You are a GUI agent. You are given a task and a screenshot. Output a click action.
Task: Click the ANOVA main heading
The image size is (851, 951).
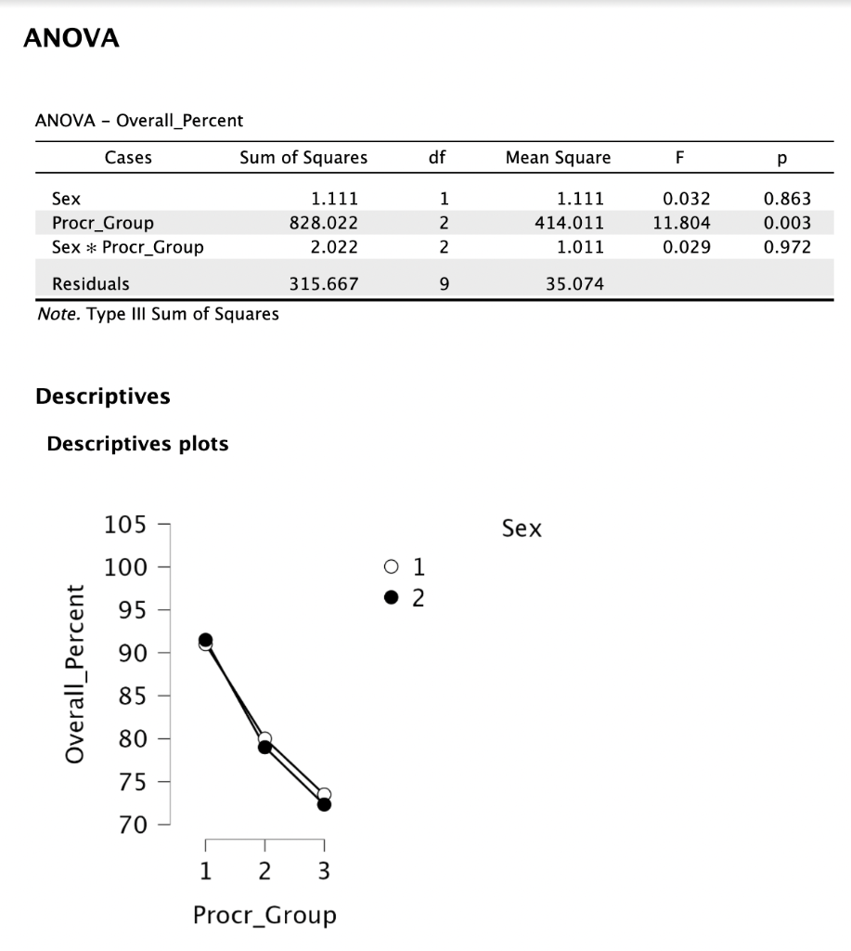(x=71, y=37)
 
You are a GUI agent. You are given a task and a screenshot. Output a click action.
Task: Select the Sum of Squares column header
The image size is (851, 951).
(x=303, y=158)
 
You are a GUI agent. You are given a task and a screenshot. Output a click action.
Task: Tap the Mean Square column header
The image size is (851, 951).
(x=559, y=158)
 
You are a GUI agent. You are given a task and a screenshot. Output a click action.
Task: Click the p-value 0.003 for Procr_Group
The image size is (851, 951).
(x=787, y=223)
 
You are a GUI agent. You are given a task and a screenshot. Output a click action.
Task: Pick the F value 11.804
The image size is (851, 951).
(x=681, y=223)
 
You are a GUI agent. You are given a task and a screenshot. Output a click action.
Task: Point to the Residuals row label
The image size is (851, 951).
(x=91, y=284)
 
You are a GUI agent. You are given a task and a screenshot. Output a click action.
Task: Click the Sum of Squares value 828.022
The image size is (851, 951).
(x=324, y=223)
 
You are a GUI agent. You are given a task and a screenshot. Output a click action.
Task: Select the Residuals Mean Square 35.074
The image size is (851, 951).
(x=574, y=284)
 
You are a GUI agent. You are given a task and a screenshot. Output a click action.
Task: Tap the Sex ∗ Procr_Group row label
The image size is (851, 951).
(x=128, y=247)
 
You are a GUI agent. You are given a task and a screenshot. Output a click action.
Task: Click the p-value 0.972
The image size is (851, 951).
(x=787, y=247)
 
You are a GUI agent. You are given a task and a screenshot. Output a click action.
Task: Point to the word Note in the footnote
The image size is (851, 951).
(x=58, y=314)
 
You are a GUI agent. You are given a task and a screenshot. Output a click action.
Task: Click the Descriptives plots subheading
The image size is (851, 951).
(x=137, y=443)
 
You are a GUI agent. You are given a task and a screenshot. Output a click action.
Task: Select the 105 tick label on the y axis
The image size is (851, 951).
(x=125, y=524)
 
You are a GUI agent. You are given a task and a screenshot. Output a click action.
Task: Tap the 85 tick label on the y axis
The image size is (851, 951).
(x=133, y=696)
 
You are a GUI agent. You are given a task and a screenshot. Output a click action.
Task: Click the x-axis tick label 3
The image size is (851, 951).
(x=324, y=871)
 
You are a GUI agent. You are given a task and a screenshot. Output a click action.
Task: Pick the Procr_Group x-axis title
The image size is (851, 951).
(x=264, y=915)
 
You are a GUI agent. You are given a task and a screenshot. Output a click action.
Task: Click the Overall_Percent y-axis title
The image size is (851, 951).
(x=74, y=674)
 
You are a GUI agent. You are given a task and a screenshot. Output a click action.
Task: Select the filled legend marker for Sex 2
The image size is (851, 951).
(x=392, y=597)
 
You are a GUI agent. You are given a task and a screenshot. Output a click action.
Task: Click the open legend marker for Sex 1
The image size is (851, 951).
(x=392, y=567)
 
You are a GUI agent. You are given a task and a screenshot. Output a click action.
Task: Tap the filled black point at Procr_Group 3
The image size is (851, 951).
(x=324, y=805)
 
